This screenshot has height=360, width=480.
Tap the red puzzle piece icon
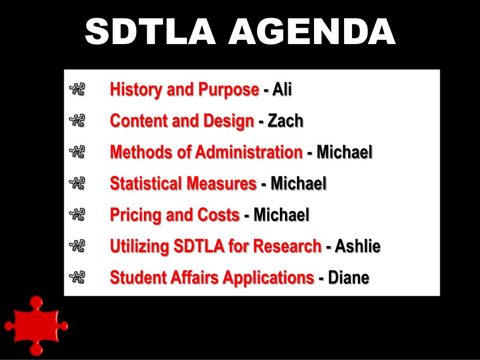[x=35, y=325]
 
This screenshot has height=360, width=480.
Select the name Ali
[x=282, y=89]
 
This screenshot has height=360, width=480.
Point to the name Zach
[x=285, y=120]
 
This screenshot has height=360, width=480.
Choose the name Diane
[x=348, y=277]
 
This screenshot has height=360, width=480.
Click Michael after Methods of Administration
[x=345, y=152]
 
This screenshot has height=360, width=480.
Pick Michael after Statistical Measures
[x=298, y=183]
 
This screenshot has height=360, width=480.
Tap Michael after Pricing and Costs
[x=281, y=215]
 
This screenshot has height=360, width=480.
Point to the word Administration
[x=249, y=152]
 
